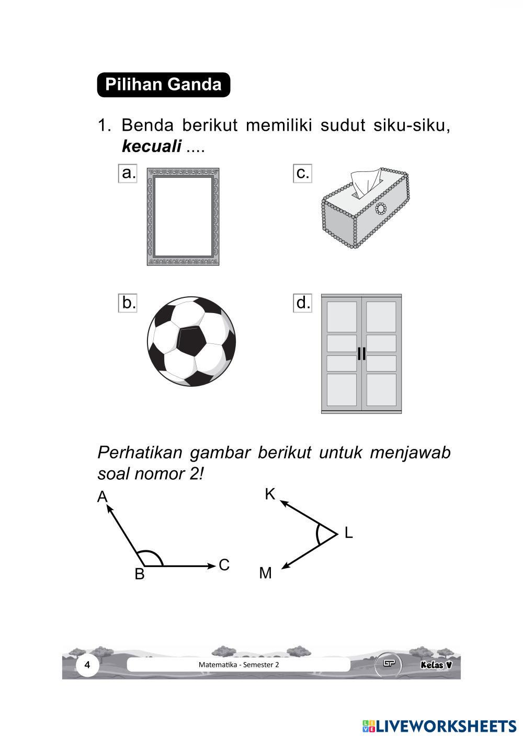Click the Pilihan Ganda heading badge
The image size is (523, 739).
(163, 85)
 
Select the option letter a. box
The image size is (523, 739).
(128, 173)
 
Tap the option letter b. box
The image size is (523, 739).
(128, 303)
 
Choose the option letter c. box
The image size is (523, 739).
(302, 173)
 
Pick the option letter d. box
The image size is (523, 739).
(303, 303)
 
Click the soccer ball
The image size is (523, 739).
(191, 341)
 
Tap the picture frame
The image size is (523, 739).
(183, 217)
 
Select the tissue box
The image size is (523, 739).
(364, 209)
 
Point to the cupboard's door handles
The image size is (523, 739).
(361, 353)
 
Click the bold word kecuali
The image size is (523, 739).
(151, 147)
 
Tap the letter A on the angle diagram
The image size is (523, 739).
(102, 496)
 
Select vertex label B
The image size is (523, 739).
(139, 574)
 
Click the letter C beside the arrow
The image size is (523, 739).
(224, 565)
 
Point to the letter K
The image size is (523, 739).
(270, 494)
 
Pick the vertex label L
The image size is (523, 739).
(348, 533)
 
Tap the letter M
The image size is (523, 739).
(266, 573)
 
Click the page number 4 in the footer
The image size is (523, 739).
(87, 665)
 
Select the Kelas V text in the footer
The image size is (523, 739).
(436, 665)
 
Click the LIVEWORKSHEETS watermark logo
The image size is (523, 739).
(439, 725)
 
